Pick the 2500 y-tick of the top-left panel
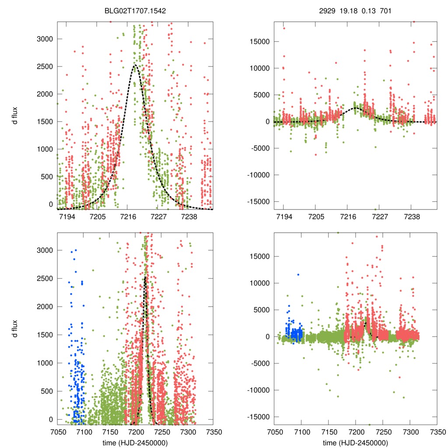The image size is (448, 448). click(44, 66)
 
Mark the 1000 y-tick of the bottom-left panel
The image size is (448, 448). click(44, 363)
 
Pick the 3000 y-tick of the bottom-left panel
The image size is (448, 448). click(44, 250)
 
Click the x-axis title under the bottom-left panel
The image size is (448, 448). click(135, 443)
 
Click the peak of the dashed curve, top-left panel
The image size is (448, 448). click(135, 65)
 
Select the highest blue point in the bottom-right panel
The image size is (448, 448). click(298, 274)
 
